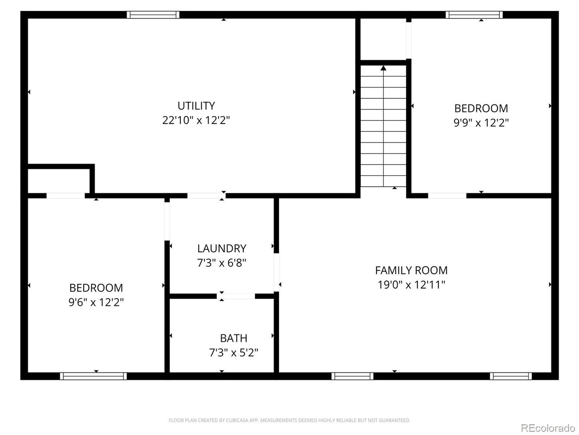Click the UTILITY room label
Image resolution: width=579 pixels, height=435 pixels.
click(x=196, y=106)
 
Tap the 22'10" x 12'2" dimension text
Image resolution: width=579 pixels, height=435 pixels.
click(x=196, y=121)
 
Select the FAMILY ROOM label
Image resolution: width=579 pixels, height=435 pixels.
click(x=411, y=271)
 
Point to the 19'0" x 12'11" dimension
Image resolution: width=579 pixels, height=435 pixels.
click(x=411, y=285)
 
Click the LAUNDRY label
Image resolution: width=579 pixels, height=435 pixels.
click(x=222, y=248)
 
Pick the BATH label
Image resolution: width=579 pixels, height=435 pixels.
click(x=233, y=338)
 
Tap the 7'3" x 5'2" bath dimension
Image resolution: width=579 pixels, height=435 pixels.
click(x=233, y=353)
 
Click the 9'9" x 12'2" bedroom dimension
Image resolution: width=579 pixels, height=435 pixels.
click(x=481, y=123)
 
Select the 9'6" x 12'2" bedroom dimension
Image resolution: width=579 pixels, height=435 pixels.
click(x=96, y=302)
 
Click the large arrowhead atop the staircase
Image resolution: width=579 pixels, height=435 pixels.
click(x=383, y=68)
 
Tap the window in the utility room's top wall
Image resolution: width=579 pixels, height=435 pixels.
click(x=153, y=15)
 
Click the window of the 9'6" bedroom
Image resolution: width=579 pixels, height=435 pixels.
click(x=93, y=376)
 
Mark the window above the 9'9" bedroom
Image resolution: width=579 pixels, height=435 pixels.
click(x=474, y=15)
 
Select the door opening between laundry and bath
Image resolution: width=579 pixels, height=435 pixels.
click(x=236, y=296)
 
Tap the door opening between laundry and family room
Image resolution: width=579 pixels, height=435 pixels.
click(x=276, y=273)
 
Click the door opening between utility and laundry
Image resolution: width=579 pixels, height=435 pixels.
click(x=207, y=196)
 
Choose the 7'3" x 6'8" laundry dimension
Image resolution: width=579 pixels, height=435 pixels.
click(x=222, y=263)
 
